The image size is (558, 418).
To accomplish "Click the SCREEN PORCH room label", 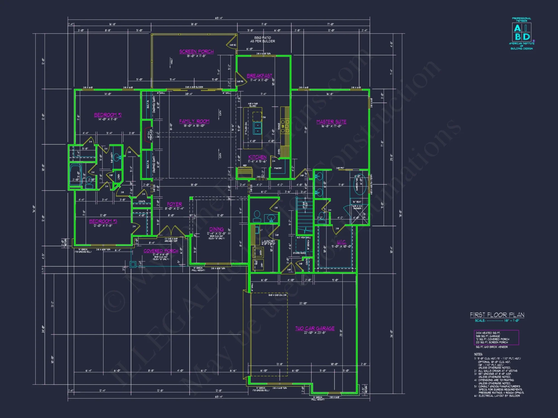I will [x=196, y=52].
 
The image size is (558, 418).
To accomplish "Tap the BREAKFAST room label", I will [x=259, y=76].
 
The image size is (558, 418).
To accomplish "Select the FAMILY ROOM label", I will [x=194, y=121].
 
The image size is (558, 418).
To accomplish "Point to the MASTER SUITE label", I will [x=331, y=122].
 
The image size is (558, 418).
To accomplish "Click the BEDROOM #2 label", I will [x=108, y=115].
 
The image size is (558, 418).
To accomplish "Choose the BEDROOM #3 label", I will [x=103, y=221].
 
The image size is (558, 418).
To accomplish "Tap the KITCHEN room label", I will [x=257, y=157].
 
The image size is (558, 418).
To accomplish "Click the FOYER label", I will [x=174, y=204].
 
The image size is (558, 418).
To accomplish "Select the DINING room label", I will [x=217, y=229].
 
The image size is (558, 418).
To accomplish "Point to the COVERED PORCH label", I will [x=161, y=251].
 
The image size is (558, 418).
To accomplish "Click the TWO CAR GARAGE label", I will [x=315, y=328].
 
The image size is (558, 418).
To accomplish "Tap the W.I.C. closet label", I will [x=341, y=242].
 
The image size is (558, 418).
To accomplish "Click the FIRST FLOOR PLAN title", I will [x=497, y=315].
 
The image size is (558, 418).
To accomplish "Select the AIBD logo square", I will [x=521, y=32].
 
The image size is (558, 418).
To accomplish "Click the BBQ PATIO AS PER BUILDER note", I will [x=262, y=39].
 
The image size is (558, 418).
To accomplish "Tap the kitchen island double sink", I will [x=258, y=128].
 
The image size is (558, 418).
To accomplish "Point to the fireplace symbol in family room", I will [x=148, y=135].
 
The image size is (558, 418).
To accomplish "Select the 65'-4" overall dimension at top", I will [x=219, y=18].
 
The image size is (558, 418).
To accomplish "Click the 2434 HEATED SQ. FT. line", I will [x=488, y=333].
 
